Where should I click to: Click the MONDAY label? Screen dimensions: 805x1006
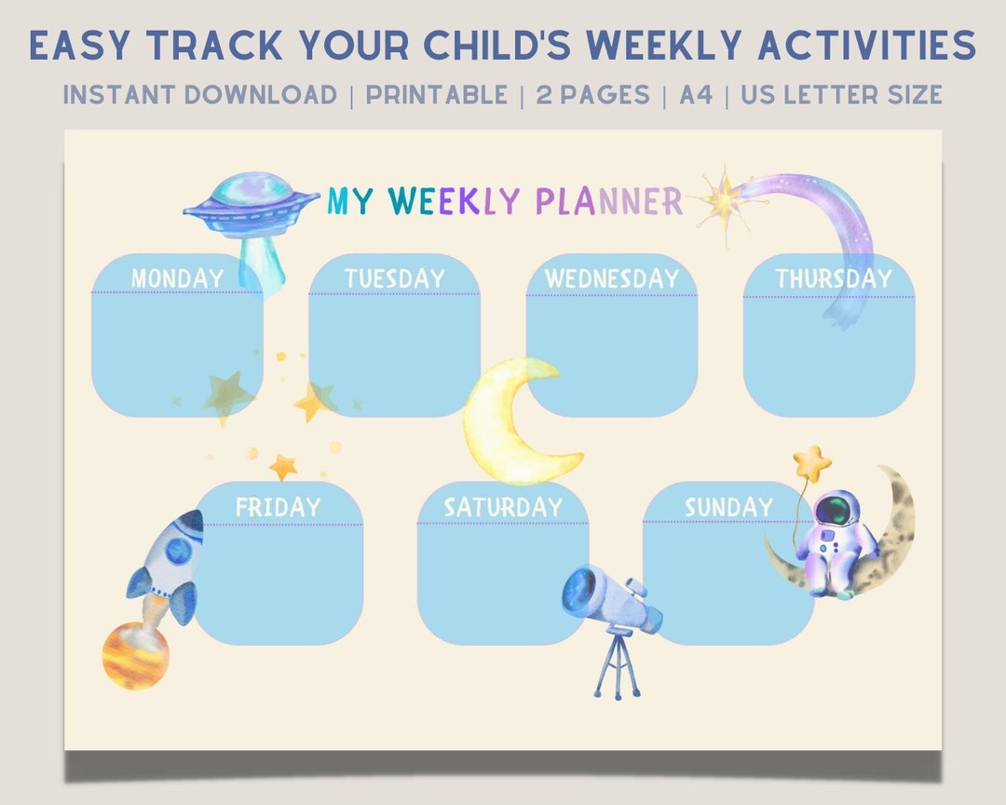click(177, 278)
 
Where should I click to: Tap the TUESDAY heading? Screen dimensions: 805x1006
click(394, 278)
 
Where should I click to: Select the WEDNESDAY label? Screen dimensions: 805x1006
click(611, 278)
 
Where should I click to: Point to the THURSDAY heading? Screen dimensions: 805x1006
click(833, 278)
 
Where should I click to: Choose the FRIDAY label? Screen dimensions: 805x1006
click(278, 507)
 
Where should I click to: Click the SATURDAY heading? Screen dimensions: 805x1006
click(503, 507)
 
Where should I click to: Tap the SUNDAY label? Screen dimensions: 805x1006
click(727, 507)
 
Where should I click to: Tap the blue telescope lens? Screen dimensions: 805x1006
click(579, 588)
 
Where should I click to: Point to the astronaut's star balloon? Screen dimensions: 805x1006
click(811, 460)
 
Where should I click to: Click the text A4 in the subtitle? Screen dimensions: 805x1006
click(695, 94)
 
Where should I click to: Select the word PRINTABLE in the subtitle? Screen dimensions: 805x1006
click(436, 94)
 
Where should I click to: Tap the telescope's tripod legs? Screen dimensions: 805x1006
click(618, 666)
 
